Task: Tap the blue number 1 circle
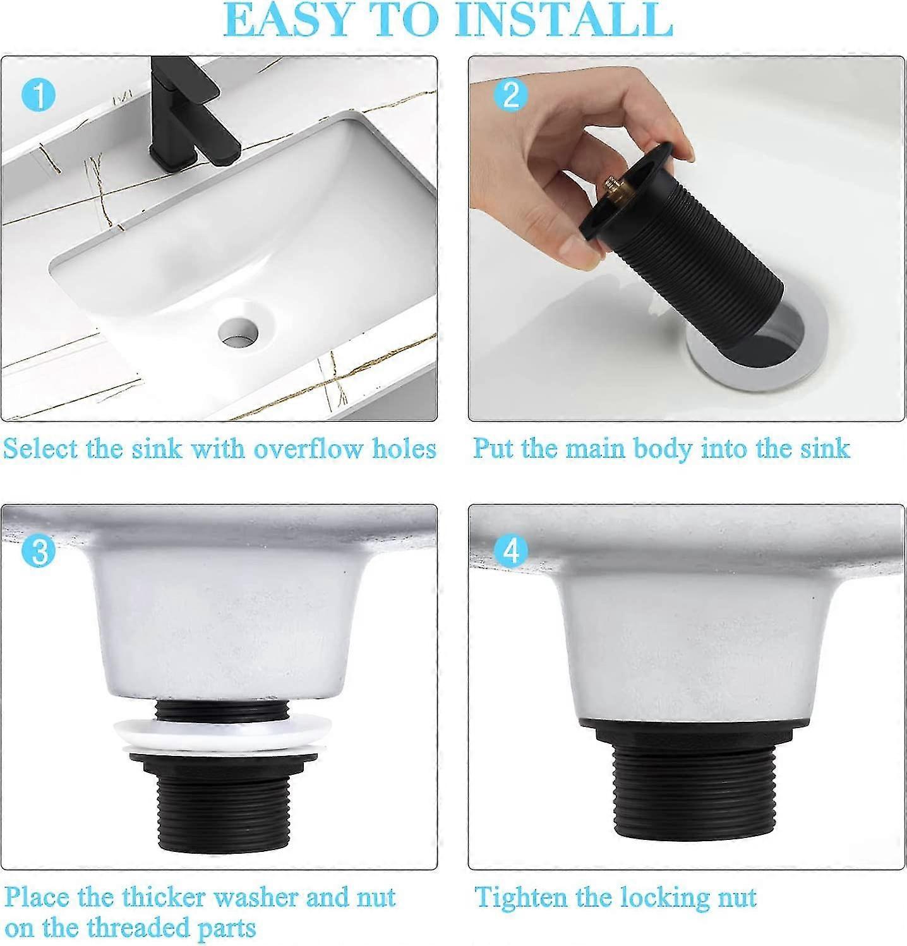pos(39,96)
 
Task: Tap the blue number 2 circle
pos(510,96)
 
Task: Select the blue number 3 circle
pos(39,551)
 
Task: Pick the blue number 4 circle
pos(510,551)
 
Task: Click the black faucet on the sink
pos(189,120)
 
